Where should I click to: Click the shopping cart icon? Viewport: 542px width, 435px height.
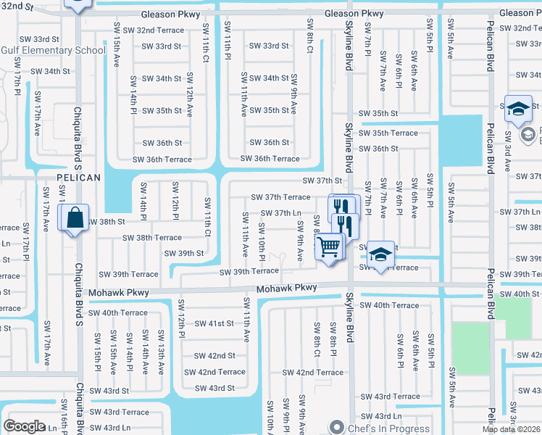pos(330,247)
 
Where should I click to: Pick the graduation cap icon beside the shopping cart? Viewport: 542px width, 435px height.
pos(380,255)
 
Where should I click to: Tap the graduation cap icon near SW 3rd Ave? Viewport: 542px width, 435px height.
pos(518,110)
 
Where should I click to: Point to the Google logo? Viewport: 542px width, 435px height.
pos(24,426)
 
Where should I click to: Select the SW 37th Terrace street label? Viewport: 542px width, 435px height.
pos(280,197)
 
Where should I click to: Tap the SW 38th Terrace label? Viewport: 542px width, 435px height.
pos(151,238)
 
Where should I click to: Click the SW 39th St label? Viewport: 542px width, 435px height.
pos(184,254)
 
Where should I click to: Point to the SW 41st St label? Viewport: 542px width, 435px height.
pos(214,323)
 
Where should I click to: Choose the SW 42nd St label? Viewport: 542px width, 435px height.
pos(215,356)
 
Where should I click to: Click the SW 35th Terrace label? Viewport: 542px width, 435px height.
pos(394,133)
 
